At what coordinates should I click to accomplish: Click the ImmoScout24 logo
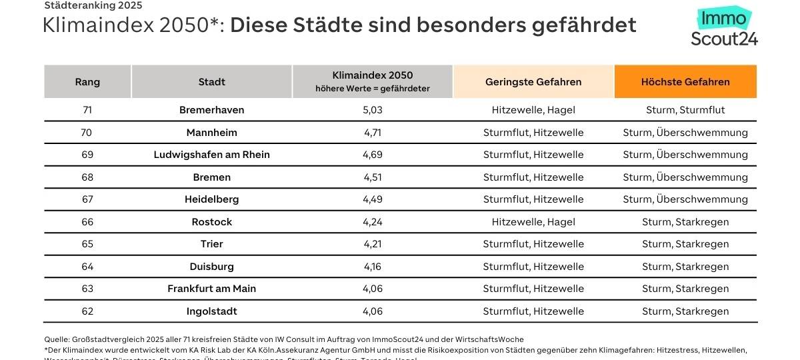724,29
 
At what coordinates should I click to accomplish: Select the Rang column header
87,82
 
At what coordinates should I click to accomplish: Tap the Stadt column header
211,82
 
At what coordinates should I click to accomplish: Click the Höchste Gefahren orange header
685,82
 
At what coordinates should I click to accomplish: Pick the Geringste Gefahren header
533,82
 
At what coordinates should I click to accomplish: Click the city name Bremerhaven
211,110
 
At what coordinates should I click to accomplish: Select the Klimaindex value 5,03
373,110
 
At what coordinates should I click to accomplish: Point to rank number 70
87,133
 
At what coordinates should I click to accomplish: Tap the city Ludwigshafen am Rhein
211,155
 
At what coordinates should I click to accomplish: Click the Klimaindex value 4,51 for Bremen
373,177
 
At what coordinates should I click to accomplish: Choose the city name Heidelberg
211,199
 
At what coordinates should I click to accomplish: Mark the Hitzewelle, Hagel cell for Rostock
533,222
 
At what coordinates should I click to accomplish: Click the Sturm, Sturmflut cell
685,110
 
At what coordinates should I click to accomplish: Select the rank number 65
87,244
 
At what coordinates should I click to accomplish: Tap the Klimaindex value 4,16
373,267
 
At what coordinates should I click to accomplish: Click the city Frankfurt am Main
211,289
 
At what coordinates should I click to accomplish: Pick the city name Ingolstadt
211,311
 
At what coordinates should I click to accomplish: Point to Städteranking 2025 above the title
93,6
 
